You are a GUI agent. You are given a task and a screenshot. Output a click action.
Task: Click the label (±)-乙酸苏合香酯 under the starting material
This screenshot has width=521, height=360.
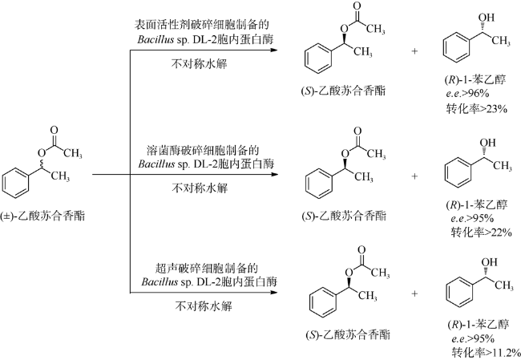pos(42,216)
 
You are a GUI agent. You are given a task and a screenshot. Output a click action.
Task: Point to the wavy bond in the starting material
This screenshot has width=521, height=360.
pos(42,164)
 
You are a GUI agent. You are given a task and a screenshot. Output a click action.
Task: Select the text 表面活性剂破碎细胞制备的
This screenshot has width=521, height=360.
pos(202,24)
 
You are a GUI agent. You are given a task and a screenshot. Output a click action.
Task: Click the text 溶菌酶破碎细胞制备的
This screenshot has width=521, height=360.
pos(203,150)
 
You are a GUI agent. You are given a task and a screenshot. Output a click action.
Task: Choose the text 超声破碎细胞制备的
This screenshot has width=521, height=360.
pos(207,268)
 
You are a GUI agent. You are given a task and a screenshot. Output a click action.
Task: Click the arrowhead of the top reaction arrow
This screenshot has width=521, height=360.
pos(273,51)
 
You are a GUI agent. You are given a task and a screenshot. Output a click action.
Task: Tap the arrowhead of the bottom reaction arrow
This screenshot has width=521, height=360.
pos(273,293)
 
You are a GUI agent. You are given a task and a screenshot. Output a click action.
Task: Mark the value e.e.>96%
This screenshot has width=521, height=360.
pos(467,93)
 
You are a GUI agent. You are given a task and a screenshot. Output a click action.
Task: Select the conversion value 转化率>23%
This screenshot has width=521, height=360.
pos(476,108)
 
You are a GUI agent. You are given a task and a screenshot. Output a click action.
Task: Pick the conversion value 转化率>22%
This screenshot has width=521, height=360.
pos(481,232)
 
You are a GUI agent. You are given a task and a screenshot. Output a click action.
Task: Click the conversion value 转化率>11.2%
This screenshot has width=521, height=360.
pos(486,352)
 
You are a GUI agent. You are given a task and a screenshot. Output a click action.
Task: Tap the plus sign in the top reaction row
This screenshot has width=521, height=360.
pos(414,51)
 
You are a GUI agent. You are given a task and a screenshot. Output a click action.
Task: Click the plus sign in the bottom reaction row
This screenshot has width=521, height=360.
pos(414,293)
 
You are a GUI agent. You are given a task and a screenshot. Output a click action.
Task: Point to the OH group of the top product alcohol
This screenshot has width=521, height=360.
pos(487,18)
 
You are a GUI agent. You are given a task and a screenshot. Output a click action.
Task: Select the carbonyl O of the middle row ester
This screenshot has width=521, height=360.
pos(357,131)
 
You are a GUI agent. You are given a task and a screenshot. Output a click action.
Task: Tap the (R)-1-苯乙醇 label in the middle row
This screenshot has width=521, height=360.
pos(476,204)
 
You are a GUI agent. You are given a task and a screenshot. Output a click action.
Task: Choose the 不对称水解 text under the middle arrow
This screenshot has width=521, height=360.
pos(200,188)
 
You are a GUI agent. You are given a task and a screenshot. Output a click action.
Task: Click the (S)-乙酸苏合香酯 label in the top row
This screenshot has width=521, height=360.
pos(343,91)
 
